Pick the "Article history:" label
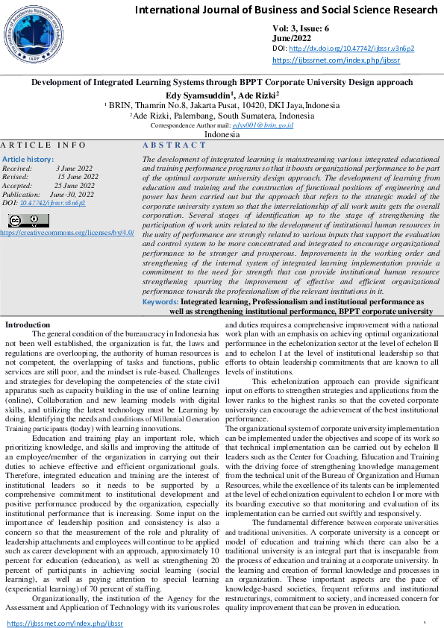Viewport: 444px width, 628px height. pos(28,160)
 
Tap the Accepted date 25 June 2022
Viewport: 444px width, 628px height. pos(75,186)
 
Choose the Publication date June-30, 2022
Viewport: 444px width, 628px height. pos(75,194)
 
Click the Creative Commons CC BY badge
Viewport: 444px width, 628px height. pos(28,220)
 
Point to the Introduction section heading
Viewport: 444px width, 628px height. pos(28,345)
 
